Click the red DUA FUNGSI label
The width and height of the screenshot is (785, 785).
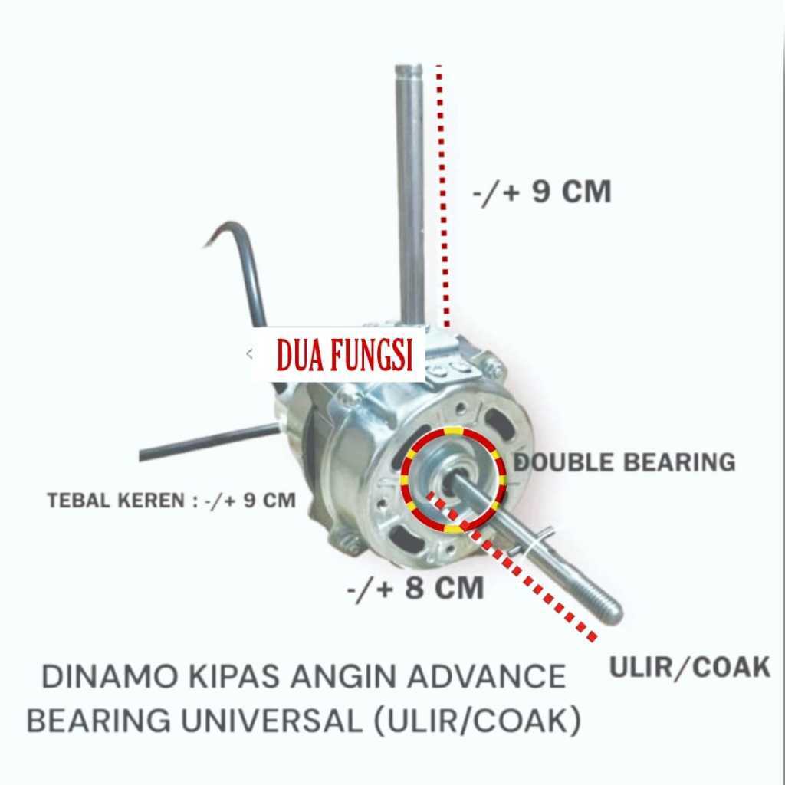coord(344,356)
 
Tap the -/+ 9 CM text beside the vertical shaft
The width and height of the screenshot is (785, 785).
coord(541,192)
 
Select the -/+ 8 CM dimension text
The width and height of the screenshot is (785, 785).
coord(415,588)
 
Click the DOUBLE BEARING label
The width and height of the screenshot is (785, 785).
coord(624,462)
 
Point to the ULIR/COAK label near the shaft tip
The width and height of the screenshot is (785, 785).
coord(689,668)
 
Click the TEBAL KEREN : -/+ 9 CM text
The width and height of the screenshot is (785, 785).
coord(171,501)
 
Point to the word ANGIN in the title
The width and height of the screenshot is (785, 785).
coord(346,678)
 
